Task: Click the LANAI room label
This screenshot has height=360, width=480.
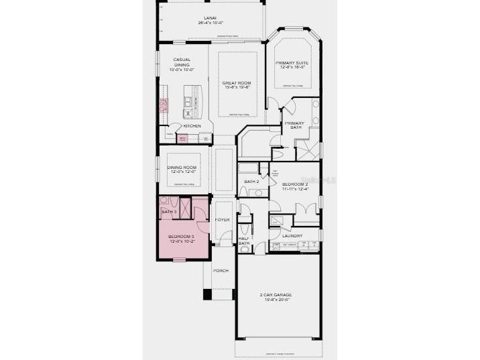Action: click(210, 18)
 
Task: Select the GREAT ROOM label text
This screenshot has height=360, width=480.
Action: click(236, 82)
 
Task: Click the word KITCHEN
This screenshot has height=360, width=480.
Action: click(192, 126)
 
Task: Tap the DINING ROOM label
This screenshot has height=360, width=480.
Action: click(181, 167)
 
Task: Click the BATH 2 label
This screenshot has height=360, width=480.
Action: click(251, 182)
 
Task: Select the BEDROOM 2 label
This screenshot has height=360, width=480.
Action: click(295, 184)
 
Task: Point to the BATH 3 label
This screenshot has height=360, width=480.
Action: click(169, 212)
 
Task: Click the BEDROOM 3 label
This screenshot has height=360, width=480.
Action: click(181, 237)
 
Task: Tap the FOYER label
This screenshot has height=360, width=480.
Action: click(222, 219)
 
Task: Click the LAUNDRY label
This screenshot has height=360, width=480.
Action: click(292, 235)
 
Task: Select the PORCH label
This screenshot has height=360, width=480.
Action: click(221, 270)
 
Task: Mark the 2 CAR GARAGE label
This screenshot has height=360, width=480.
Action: click(276, 295)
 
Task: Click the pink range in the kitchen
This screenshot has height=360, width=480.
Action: click(163, 105)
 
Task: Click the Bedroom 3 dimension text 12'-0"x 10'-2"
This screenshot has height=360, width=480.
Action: click(181, 242)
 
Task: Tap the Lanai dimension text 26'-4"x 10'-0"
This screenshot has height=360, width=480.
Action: click(210, 23)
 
